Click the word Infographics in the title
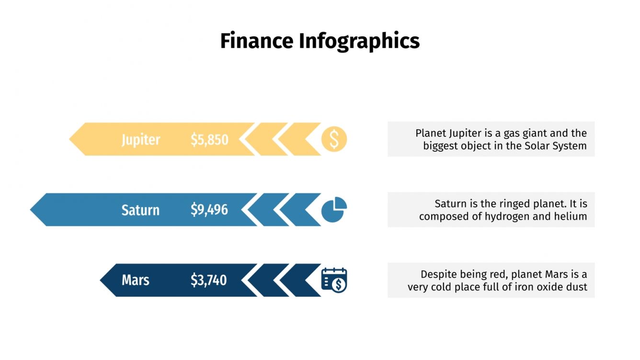(359, 42)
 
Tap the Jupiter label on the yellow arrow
(141, 139)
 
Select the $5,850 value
(209, 139)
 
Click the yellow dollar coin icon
(334, 139)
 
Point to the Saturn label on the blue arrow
(140, 210)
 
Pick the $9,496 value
(209, 210)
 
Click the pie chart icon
(333, 210)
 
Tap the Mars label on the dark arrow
(136, 280)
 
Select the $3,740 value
(209, 280)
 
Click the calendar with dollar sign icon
(334, 280)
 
